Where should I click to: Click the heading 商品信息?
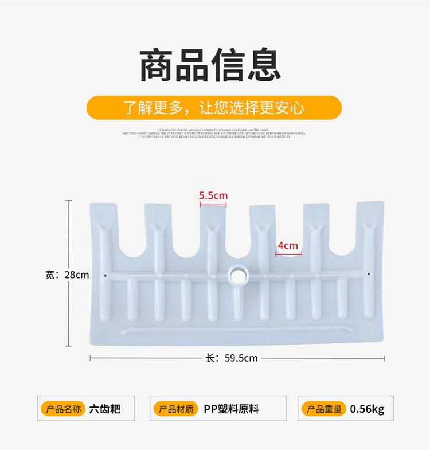tap(210, 66)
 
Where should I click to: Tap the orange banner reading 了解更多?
tap(214, 108)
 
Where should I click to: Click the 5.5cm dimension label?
tap(213, 195)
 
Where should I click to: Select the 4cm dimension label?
tap(287, 246)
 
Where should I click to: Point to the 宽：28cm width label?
tap(67, 275)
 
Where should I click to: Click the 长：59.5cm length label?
tap(232, 358)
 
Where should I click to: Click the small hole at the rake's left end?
tap(107, 275)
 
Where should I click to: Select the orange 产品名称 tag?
tap(64, 409)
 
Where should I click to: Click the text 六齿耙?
tap(105, 409)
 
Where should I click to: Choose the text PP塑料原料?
tap(232, 409)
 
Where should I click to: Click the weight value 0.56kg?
tap(368, 409)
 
